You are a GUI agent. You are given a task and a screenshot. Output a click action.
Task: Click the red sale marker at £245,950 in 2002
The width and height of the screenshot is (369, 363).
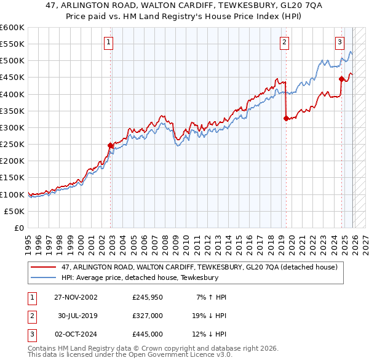(x=111, y=146)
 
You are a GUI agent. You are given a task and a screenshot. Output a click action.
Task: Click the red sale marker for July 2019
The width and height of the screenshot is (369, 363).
(x=286, y=119)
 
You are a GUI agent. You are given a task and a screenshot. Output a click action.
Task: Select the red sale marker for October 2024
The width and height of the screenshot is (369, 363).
(x=341, y=79)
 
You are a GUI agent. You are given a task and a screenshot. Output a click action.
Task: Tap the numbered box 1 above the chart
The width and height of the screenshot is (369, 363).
(x=108, y=42)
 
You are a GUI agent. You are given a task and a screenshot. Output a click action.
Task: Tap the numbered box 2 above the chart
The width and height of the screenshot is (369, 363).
(x=284, y=42)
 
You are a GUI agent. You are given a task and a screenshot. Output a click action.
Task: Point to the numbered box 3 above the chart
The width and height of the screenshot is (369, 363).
(x=339, y=42)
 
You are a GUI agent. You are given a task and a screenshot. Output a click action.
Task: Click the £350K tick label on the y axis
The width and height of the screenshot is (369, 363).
(x=12, y=111)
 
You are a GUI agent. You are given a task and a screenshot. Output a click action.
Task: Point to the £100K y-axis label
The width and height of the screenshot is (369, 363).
(x=12, y=194)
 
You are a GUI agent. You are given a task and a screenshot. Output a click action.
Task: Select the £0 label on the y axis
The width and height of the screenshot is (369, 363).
(x=19, y=228)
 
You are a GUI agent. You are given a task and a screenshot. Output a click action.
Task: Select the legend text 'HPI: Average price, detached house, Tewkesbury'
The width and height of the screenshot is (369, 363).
(x=140, y=278)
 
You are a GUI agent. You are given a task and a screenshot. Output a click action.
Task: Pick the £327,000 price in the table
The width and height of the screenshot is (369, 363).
(x=148, y=316)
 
